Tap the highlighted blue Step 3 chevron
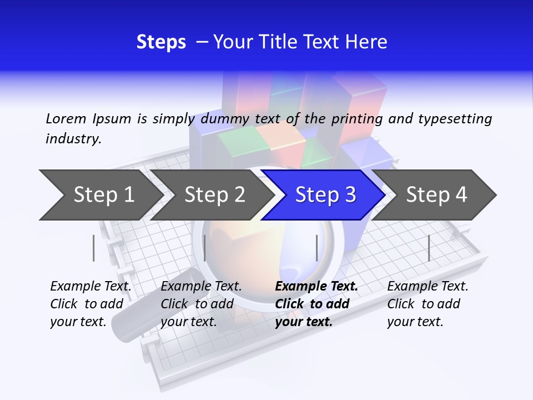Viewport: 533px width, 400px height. click(x=325, y=195)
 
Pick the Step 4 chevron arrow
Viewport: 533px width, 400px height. click(x=436, y=195)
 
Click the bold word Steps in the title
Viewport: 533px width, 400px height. click(x=161, y=42)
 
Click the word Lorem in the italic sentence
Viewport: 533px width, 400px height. click(x=66, y=118)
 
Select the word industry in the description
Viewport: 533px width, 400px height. click(x=73, y=138)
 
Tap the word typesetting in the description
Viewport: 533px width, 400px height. click(x=455, y=119)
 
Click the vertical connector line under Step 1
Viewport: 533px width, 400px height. click(x=94, y=248)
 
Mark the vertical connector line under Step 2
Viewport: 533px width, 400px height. click(x=205, y=248)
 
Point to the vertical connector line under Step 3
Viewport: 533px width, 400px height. click(x=316, y=248)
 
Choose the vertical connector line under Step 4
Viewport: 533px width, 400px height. click(x=429, y=248)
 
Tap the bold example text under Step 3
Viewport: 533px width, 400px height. click(x=316, y=304)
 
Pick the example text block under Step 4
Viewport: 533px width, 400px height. click(x=428, y=304)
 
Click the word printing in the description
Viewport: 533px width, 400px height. click(x=355, y=119)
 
